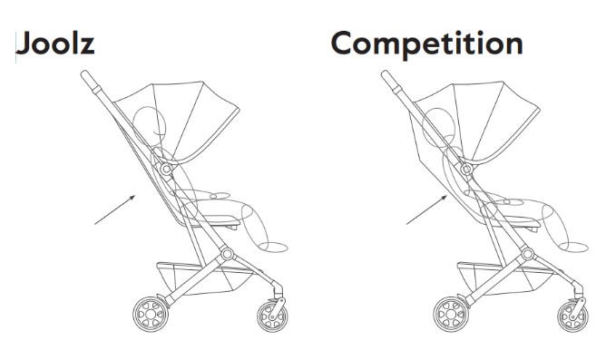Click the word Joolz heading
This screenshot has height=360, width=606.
tap(55, 44)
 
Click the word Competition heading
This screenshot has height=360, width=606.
tap(427, 44)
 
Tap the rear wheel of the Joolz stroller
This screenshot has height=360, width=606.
tap(151, 314)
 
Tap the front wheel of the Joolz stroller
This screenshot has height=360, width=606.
tap(272, 316)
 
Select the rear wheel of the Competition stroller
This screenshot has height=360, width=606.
tap(451, 314)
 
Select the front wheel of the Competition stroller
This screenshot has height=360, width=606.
tap(572, 316)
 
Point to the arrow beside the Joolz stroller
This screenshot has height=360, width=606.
tap(115, 209)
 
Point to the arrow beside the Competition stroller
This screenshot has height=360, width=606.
tap(426, 209)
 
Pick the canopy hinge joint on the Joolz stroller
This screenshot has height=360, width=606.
tap(166, 170)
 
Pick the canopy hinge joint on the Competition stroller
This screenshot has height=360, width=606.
tap(466, 170)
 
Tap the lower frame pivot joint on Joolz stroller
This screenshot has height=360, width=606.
tap(227, 254)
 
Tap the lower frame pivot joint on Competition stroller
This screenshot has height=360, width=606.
tap(528, 254)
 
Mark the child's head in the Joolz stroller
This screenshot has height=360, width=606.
tap(150, 123)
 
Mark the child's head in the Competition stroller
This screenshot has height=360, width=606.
tap(439, 125)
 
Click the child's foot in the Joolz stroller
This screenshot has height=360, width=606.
tap(273, 247)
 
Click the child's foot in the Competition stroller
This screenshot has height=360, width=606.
tap(573, 247)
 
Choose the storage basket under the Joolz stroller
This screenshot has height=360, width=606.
tap(205, 278)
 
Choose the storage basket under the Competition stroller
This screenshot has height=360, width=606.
tap(505, 278)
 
